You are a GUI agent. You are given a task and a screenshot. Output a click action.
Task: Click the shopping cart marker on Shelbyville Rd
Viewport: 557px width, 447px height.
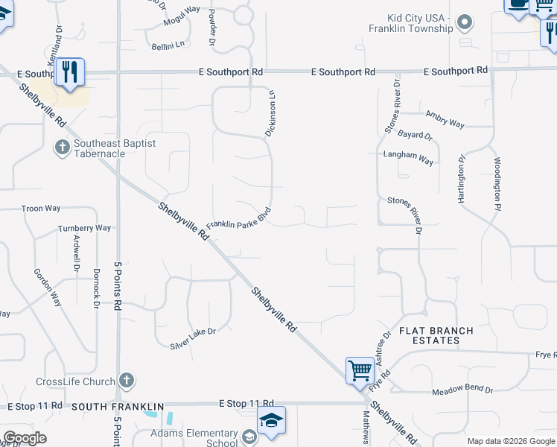[360, 370]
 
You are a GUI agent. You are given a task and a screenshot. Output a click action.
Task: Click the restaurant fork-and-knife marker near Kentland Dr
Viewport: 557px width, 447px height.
[69, 72]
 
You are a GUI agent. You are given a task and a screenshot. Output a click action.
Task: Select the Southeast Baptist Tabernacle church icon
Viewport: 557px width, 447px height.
[63, 146]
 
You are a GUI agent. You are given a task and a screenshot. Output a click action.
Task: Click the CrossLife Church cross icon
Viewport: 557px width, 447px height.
[127, 381]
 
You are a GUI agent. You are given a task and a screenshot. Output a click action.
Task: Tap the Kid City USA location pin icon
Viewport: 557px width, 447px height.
[465, 22]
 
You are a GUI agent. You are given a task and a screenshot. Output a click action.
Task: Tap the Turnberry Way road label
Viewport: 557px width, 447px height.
[85, 228]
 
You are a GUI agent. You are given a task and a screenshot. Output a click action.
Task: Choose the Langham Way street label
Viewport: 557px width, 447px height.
[408, 159]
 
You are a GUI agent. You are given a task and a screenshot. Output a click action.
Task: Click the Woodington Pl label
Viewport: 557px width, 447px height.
[497, 181]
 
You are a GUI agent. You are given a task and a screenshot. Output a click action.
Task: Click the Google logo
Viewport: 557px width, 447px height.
[25, 438]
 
